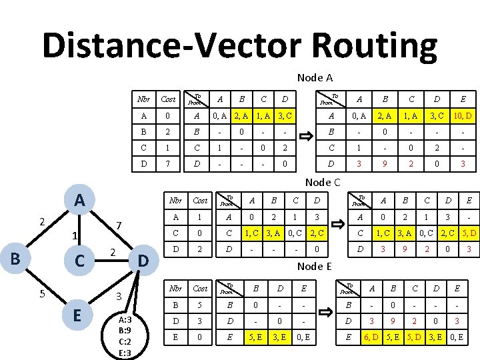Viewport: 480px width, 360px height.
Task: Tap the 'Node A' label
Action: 315,78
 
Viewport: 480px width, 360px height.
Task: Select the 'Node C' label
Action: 323,182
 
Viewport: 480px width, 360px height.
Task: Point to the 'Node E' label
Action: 314,267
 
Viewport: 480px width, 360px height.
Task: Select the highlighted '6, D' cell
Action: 370,338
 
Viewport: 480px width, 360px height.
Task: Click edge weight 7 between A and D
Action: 117,225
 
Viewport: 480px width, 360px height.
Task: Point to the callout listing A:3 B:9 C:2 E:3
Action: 124,335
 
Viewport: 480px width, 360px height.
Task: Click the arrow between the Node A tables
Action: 308,137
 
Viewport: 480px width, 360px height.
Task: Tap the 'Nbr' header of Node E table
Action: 177,289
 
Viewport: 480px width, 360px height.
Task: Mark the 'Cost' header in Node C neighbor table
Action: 200,201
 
